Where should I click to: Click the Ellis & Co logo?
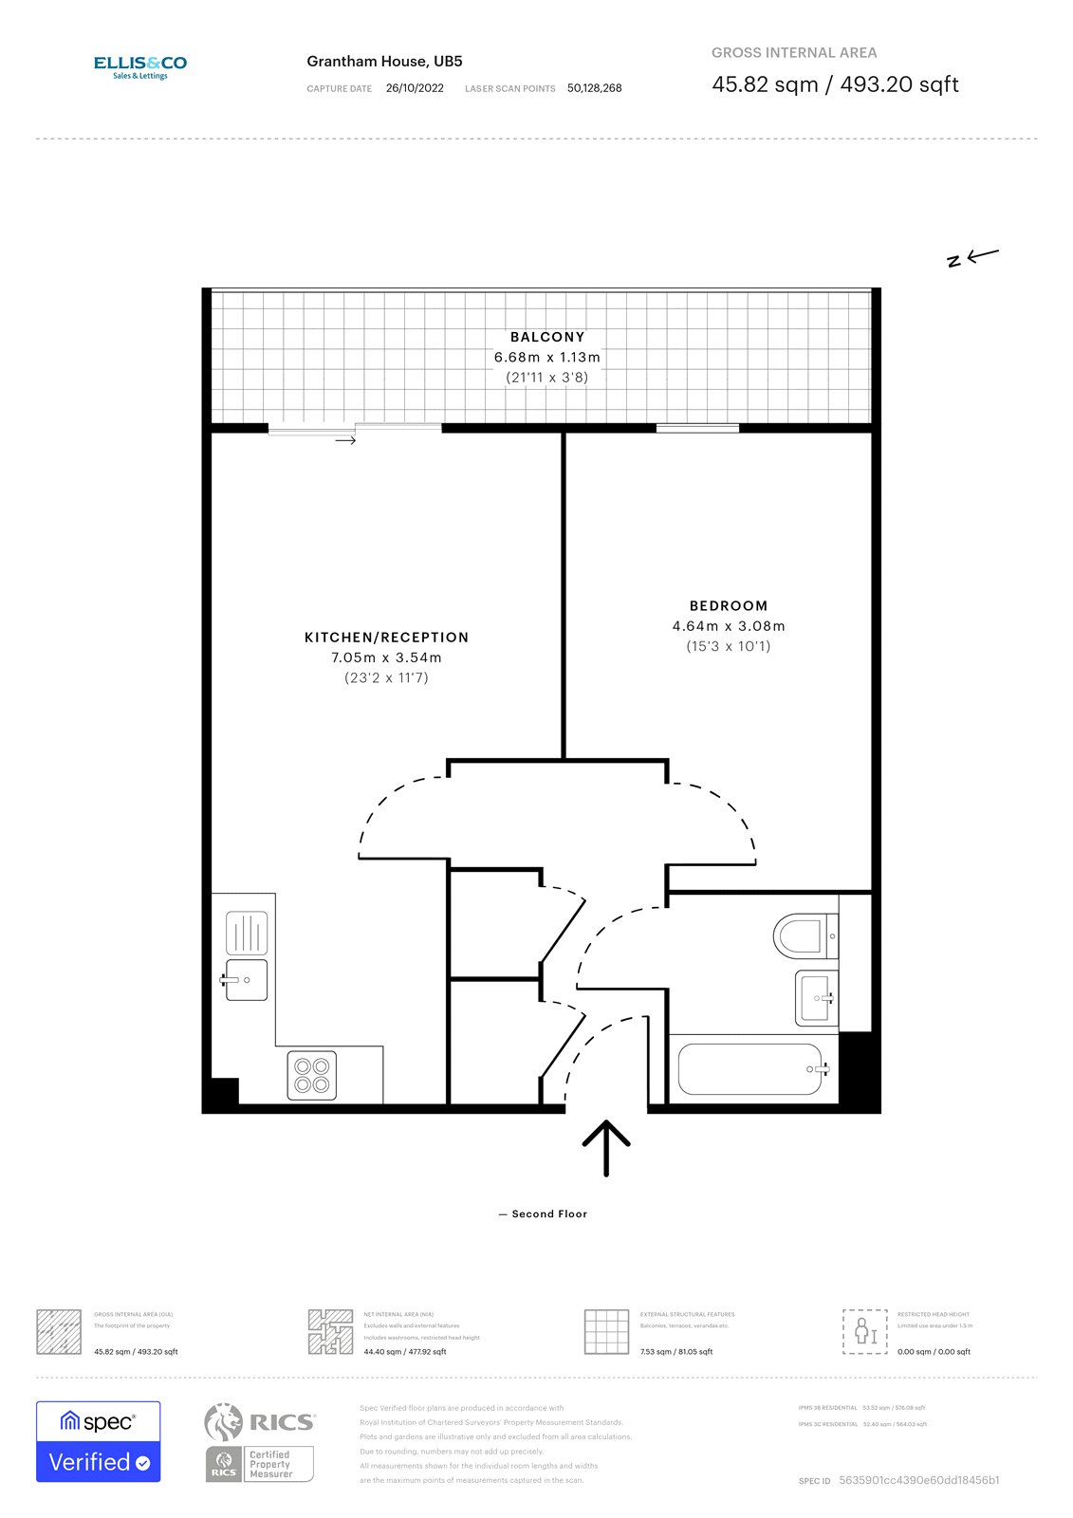click(139, 66)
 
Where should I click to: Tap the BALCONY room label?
click(547, 337)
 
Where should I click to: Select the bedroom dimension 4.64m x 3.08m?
click(729, 626)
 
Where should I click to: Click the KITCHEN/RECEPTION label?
click(386, 638)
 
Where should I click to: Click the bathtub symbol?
click(750, 1069)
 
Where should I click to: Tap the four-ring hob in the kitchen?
click(311, 1075)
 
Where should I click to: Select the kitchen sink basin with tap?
click(246, 980)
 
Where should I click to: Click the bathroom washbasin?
click(816, 998)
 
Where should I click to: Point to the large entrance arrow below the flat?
click(606, 1147)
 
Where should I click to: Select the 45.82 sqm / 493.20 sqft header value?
click(835, 84)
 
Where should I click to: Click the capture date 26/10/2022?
click(415, 88)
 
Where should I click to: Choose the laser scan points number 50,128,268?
click(595, 88)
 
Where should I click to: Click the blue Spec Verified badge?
click(99, 1441)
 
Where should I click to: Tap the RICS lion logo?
click(224, 1421)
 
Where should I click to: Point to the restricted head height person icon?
click(864, 1330)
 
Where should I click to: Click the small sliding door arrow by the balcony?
click(345, 440)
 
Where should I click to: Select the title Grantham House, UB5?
click(384, 62)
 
